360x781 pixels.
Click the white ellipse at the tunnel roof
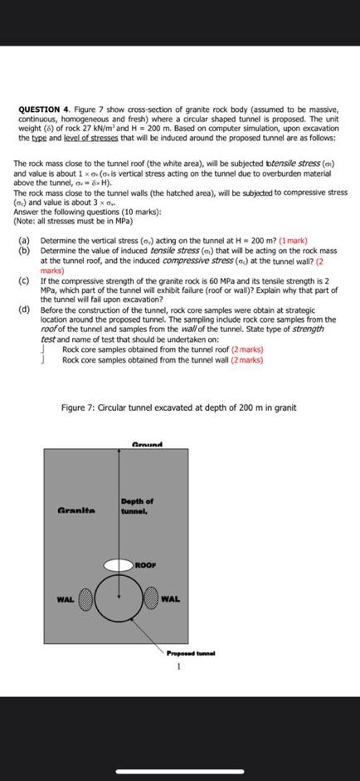tap(119, 564)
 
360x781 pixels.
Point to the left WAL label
tap(65, 598)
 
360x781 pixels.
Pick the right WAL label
tap(171, 598)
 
